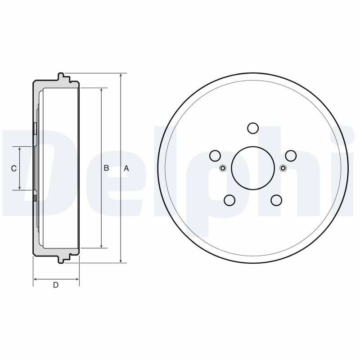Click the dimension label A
click(x=126, y=168)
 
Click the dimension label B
click(x=106, y=168)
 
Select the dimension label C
click(x=13, y=168)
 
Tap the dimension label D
click(x=56, y=285)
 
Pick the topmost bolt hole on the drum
click(x=253, y=129)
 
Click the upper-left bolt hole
click(x=216, y=156)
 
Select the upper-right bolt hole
click(x=290, y=156)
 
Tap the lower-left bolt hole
click(x=230, y=200)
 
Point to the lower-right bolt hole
click(x=276, y=200)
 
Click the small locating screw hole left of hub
click(x=223, y=168)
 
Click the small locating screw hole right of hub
click(x=283, y=168)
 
